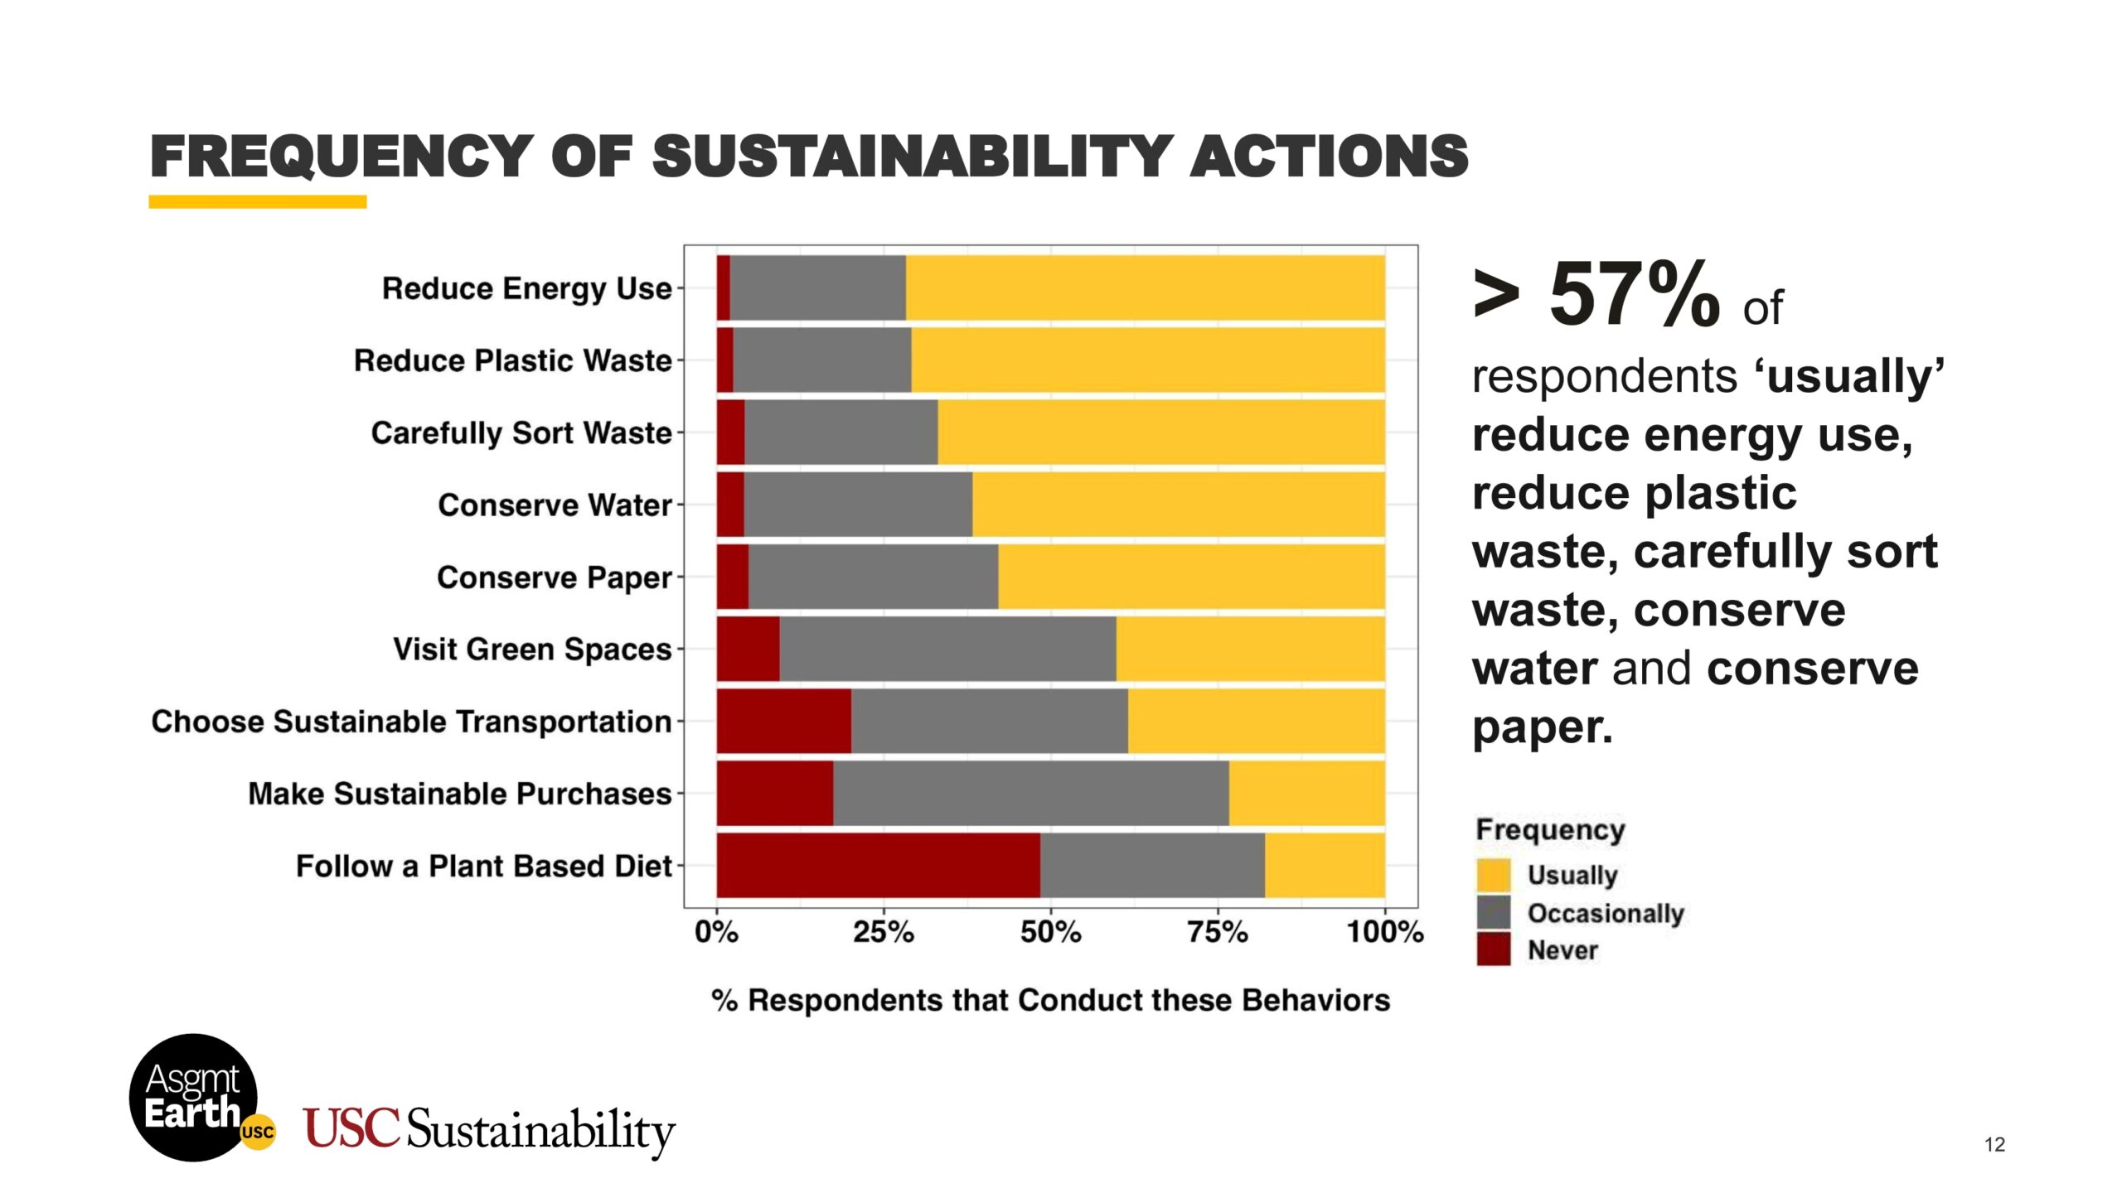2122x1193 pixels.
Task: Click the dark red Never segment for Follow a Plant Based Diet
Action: pos(878,866)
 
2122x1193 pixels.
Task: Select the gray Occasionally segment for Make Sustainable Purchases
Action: pos(1030,794)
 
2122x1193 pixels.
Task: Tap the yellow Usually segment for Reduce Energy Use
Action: pos(1145,287)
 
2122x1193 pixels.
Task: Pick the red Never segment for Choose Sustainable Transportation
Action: pos(783,721)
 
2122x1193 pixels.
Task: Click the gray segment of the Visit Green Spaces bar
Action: pos(947,649)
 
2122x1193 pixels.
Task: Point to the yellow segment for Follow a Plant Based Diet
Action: pos(1325,866)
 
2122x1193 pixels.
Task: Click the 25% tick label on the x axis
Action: pos(884,933)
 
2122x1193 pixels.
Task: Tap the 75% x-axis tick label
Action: pos(1218,933)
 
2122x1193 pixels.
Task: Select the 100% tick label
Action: pos(1385,933)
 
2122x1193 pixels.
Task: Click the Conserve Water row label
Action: pos(555,505)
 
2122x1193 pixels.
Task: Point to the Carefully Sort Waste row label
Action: pos(521,433)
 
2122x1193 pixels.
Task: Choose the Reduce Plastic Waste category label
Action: pos(512,361)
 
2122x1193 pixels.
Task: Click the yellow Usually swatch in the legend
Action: pos(1494,876)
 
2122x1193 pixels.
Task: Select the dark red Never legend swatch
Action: pos(1494,949)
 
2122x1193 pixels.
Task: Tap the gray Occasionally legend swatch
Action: pos(1494,913)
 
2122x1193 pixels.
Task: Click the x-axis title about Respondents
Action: pos(1050,1001)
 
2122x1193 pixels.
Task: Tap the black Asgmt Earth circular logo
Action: pos(194,1097)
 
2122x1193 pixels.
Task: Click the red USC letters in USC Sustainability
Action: pos(351,1128)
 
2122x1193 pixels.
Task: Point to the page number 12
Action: pos(1994,1145)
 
